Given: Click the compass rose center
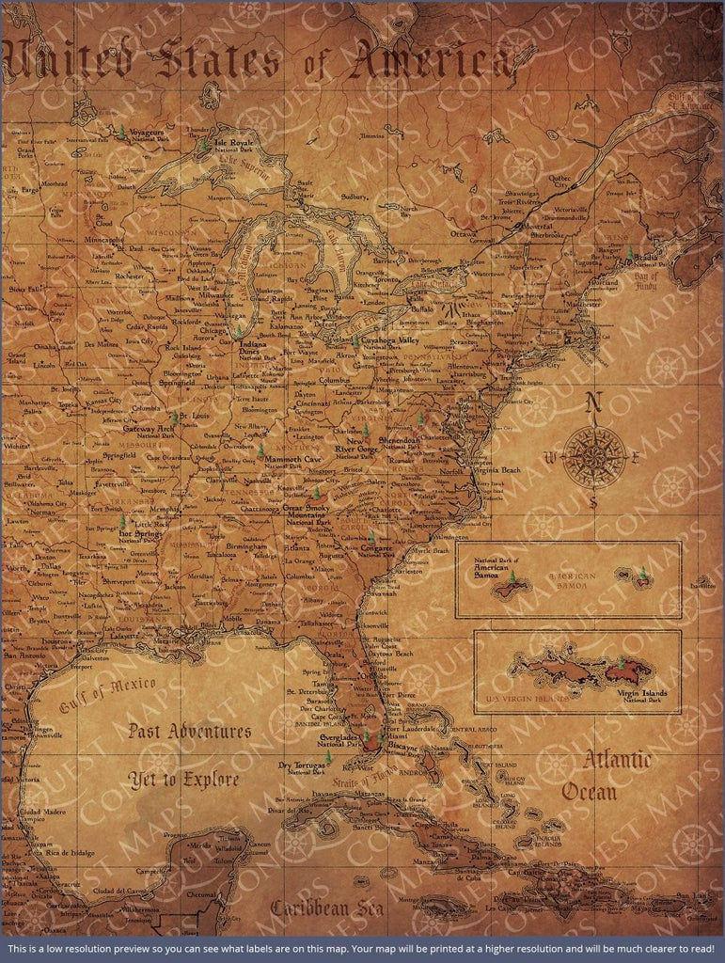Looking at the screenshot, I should (594, 456).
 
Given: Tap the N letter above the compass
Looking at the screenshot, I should (592, 403).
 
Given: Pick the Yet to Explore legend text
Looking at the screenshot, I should (184, 780).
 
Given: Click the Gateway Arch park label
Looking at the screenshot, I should (150, 430).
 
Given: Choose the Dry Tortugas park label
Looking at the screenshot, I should (303, 767).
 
